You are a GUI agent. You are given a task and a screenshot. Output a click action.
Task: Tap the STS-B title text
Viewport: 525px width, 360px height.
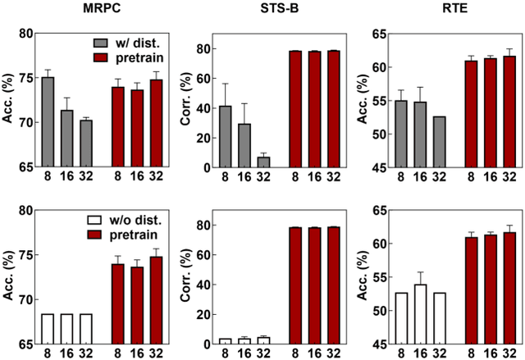coord(262,9)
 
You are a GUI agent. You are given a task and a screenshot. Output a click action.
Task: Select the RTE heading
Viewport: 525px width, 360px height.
coord(438,9)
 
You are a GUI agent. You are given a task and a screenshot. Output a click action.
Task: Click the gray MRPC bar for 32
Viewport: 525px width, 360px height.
coord(86,144)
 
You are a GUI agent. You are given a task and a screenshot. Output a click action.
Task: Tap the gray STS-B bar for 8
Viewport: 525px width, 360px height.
coord(226,136)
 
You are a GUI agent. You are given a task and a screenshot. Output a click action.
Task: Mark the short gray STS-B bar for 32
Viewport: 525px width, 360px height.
coord(263,162)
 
